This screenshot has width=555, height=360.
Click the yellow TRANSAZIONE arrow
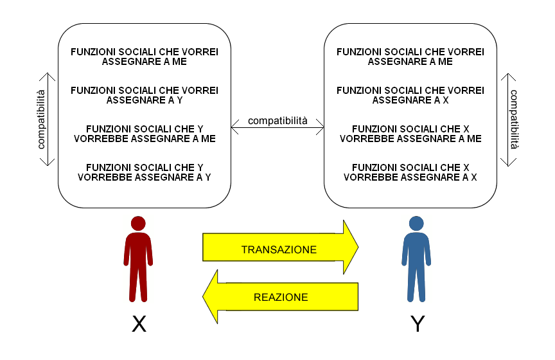coord(279,249)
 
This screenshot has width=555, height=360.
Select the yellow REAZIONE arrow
coord(280,297)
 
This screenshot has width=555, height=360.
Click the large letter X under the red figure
coord(139,324)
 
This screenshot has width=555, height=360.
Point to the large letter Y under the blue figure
coord(418,324)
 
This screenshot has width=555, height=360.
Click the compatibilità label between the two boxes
coord(277,120)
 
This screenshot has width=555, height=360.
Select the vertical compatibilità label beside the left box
coord(40,120)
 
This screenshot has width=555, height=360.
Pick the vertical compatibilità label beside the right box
coord(515,120)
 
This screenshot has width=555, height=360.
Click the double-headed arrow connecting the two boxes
coord(277,130)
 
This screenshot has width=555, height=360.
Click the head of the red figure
coord(138,224)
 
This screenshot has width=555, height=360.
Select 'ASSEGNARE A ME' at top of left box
coord(145,62)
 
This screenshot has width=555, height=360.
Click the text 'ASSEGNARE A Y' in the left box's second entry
coord(145,100)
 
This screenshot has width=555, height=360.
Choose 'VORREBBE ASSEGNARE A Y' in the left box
coord(145,177)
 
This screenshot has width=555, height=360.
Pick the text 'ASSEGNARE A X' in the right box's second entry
coord(410,100)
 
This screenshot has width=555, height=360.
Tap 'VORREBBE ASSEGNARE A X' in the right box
coord(410,177)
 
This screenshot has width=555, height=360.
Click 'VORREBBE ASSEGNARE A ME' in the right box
coord(410,138)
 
